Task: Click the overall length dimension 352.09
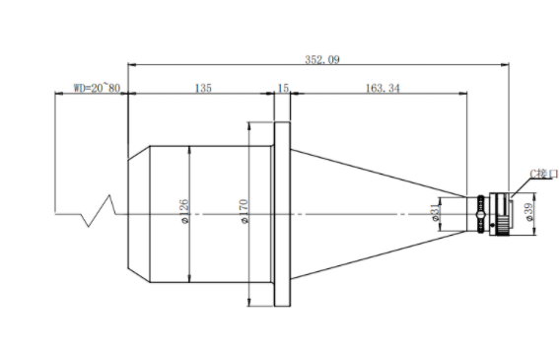322,59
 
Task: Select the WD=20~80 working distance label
97,88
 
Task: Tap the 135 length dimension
203,88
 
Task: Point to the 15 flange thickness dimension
283,88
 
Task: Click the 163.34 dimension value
383,88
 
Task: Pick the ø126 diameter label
184,212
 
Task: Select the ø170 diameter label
245,212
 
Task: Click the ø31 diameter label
436,213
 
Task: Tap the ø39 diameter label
529,212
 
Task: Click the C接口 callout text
543,174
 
